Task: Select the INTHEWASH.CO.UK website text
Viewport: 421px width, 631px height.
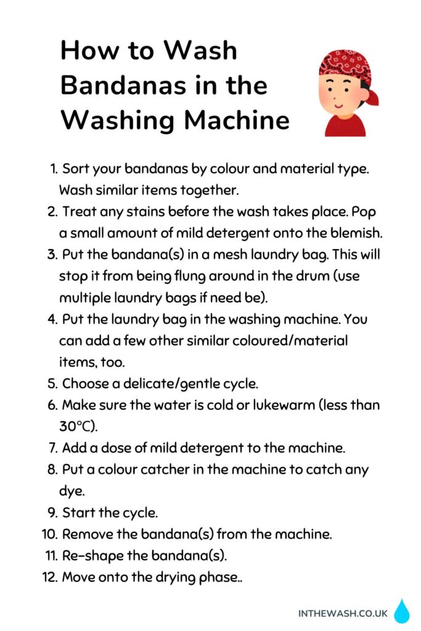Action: click(x=343, y=613)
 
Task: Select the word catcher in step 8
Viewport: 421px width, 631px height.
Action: click(x=165, y=469)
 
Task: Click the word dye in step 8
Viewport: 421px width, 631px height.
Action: click(x=72, y=491)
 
